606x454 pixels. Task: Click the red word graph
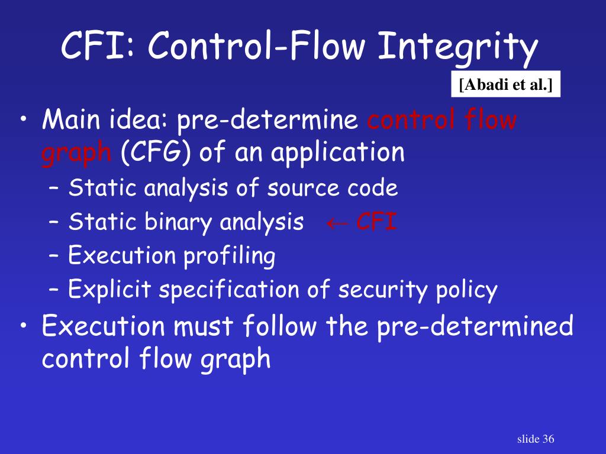click(x=76, y=154)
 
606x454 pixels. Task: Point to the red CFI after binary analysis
click(x=376, y=223)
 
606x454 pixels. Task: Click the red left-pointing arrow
click(x=336, y=223)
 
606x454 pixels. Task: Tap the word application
click(x=338, y=154)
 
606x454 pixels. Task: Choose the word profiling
click(x=229, y=257)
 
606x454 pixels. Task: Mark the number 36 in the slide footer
click(x=547, y=439)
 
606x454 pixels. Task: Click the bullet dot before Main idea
click(x=23, y=123)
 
